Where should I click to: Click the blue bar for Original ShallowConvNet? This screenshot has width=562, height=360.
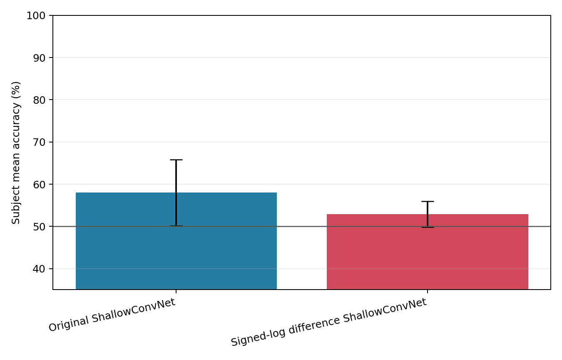(x=176, y=241)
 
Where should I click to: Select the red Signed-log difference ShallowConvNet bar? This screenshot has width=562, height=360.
(x=428, y=252)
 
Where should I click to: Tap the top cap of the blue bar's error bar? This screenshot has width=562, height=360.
(x=176, y=160)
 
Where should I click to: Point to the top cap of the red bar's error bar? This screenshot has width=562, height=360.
(x=428, y=201)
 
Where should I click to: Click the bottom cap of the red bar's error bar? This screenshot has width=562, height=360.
(x=428, y=227)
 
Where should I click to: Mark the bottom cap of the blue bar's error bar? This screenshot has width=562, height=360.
(x=176, y=226)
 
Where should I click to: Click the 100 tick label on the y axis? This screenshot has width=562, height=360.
(x=36, y=15)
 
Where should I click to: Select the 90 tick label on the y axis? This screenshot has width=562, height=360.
(x=39, y=58)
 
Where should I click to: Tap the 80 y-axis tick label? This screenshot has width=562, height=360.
(x=39, y=100)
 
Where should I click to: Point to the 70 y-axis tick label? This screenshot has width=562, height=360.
(x=39, y=142)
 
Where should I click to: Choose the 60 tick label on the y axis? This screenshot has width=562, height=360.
(x=39, y=185)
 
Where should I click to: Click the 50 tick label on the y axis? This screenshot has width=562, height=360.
(x=39, y=227)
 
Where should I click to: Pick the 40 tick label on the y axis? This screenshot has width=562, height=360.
(x=39, y=269)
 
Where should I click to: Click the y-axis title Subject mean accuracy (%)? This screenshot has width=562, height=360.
(x=15, y=152)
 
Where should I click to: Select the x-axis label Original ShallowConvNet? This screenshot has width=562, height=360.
(x=112, y=315)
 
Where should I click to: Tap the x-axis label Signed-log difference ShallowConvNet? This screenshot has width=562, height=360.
(x=329, y=322)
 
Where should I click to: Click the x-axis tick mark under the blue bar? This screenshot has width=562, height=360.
(x=176, y=291)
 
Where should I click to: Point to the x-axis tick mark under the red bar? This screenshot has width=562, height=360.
(x=428, y=291)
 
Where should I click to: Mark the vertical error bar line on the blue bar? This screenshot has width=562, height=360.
(x=176, y=193)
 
